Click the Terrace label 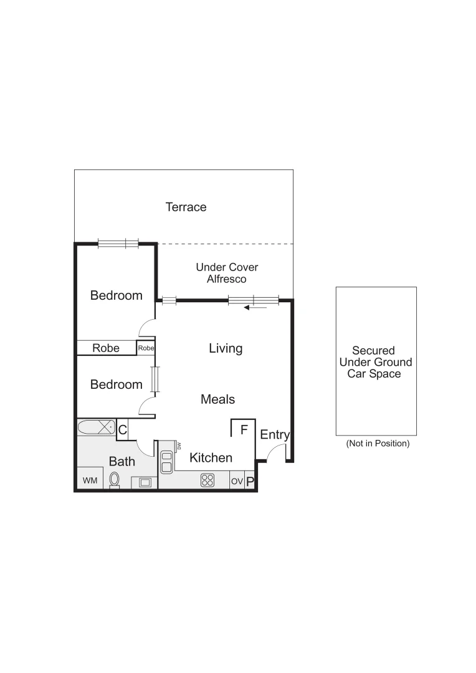click(186, 207)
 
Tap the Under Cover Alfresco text click(227, 273)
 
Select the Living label click(226, 348)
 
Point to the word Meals click(217, 399)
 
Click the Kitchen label click(211, 458)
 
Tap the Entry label click(275, 435)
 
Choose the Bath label click(121, 462)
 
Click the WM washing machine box click(90, 480)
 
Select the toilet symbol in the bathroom click(115, 480)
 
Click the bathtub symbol click(96, 428)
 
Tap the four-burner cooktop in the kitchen click(207, 480)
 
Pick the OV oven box click(237, 482)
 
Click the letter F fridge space click(244, 429)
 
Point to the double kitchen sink click(166, 462)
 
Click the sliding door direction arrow click(255, 307)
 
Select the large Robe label click(105, 348)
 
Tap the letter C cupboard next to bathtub click(123, 429)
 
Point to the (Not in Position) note click(378, 444)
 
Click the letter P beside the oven click(250, 482)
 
